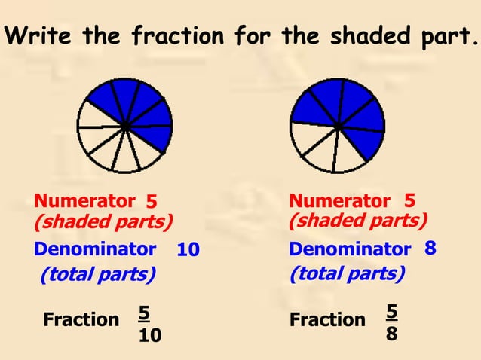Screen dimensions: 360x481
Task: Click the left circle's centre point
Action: click(125, 125)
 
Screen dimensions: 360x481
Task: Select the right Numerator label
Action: click(339, 201)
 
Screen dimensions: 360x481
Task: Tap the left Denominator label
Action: click(95, 249)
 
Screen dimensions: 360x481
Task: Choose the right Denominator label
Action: click(350, 249)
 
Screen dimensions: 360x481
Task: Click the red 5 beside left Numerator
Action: click(151, 202)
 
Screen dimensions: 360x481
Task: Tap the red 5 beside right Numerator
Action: click(409, 200)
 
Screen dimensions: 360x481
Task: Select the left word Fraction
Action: click(81, 319)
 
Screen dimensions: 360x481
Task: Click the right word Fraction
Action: click(327, 319)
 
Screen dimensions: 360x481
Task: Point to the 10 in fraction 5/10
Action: click(149, 334)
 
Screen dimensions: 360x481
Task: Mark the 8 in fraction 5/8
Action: click(391, 332)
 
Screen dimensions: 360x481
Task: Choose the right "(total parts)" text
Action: click(347, 273)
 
